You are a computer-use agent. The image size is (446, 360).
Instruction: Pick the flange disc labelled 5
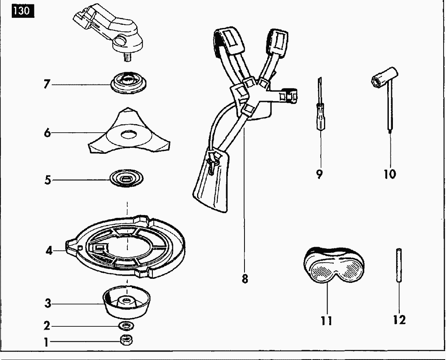[x=127, y=178]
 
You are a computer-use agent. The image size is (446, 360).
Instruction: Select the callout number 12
[x=399, y=320]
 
